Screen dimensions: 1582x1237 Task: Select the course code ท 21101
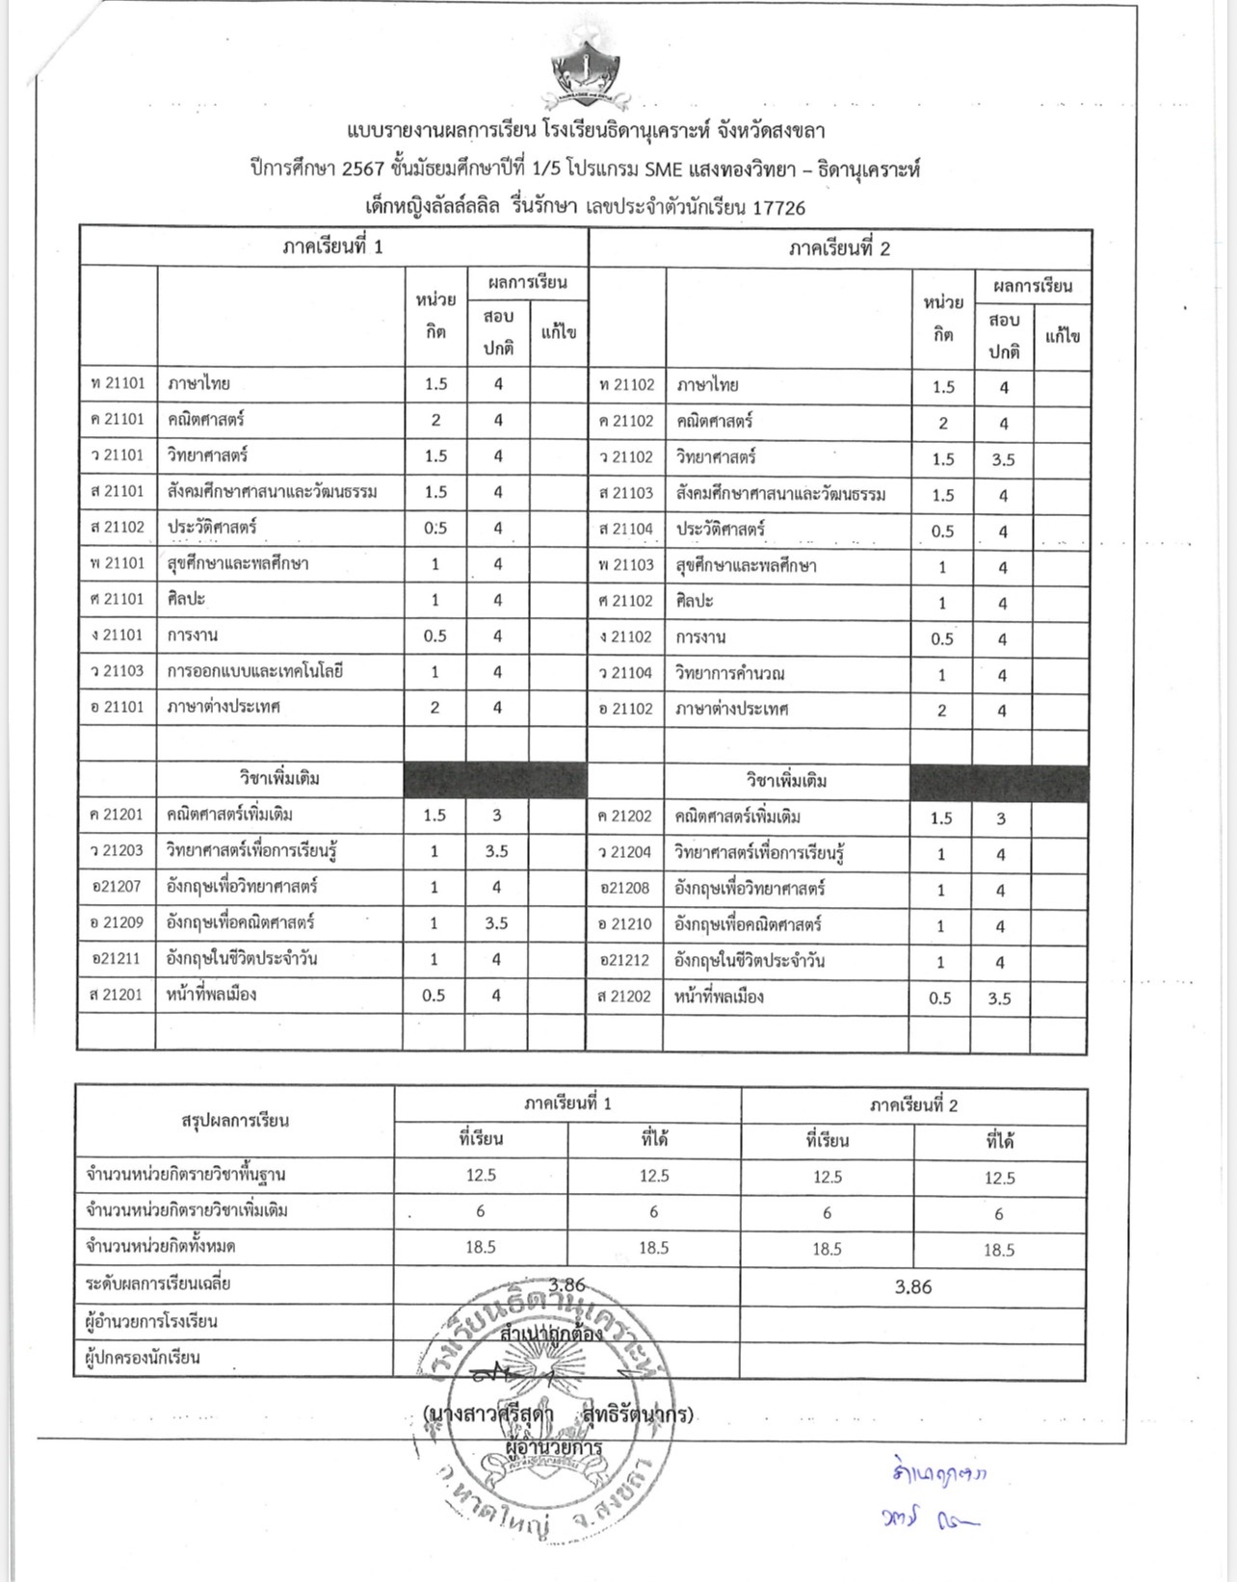(117, 383)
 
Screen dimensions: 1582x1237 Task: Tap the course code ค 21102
(625, 421)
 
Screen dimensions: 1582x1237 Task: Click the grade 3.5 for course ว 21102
(1003, 459)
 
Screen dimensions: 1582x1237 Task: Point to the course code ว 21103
(117, 671)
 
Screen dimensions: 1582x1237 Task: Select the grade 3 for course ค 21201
(497, 815)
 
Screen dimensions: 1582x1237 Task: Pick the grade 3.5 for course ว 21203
(497, 851)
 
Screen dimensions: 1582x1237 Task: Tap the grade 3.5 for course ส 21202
(1000, 998)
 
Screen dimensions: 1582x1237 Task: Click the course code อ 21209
(117, 922)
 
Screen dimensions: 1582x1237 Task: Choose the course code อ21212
(625, 960)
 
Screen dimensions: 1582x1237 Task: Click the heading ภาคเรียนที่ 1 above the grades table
(333, 247)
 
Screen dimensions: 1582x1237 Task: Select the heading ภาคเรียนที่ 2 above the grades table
(839, 249)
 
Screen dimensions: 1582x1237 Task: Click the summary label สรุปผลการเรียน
(235, 1121)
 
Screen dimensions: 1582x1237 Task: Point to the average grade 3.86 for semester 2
(913, 1286)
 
